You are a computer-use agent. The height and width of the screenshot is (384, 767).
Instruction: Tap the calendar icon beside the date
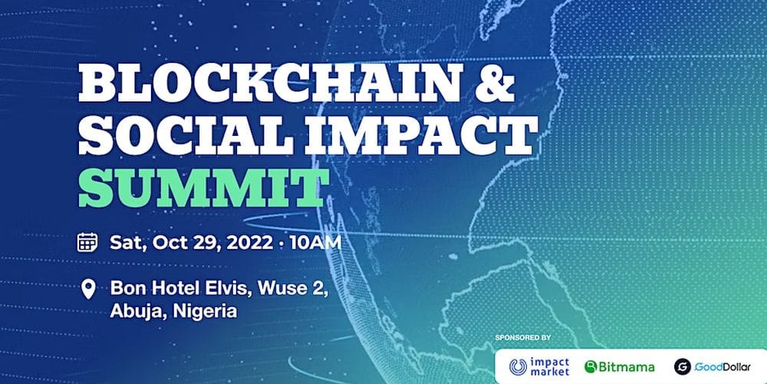point(87,243)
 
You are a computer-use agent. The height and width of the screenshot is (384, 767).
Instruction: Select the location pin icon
point(88,289)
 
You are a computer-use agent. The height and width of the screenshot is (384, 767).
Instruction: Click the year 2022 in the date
point(249,243)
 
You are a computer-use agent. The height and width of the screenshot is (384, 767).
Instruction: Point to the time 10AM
point(314,243)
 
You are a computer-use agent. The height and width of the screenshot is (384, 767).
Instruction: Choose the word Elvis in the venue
point(232,289)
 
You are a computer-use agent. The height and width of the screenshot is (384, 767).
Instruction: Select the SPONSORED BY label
point(523,337)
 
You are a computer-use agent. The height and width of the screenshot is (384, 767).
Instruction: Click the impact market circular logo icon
point(518,366)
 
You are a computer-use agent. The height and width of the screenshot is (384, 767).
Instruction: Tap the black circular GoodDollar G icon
point(683,366)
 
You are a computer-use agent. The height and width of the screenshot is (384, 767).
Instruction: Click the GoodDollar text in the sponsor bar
point(723,366)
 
